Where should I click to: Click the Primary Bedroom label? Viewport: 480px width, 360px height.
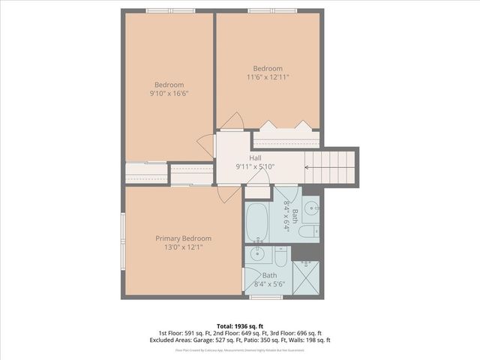[183, 238]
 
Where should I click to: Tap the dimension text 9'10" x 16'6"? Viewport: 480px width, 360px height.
[169, 94]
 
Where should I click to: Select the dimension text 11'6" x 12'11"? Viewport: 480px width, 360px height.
[268, 76]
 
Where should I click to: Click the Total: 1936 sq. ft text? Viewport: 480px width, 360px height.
[239, 325]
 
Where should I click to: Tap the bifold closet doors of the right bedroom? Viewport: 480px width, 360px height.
[284, 126]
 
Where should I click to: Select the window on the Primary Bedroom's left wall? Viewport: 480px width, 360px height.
[123, 240]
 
